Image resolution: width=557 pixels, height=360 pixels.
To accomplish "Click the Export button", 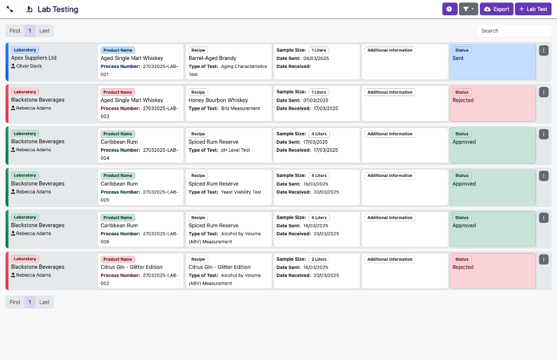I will (496, 9).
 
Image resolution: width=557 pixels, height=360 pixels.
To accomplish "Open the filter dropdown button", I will (468, 9).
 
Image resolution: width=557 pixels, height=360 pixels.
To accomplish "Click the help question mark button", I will (449, 9).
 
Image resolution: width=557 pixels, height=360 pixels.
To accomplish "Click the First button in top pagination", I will (15, 31).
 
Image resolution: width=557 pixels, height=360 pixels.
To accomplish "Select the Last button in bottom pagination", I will (44, 302).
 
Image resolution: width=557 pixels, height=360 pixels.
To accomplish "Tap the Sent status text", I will (458, 58).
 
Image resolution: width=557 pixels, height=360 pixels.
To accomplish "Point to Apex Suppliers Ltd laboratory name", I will (34, 58).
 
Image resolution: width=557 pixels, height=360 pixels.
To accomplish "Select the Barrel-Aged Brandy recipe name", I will (212, 58).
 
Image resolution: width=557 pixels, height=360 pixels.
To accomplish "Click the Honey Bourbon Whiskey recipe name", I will (218, 100).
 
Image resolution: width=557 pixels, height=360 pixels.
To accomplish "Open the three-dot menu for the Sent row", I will (544, 50).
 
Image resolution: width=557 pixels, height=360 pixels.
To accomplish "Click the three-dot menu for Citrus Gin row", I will (544, 260).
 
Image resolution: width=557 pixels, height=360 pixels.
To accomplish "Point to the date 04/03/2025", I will (316, 58).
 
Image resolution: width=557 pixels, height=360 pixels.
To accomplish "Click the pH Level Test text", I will (236, 150).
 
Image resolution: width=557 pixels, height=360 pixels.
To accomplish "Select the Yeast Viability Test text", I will (241, 192).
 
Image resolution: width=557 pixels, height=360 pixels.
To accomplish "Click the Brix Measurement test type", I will (241, 108).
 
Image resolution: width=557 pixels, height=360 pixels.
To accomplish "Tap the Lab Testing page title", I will (58, 10).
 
